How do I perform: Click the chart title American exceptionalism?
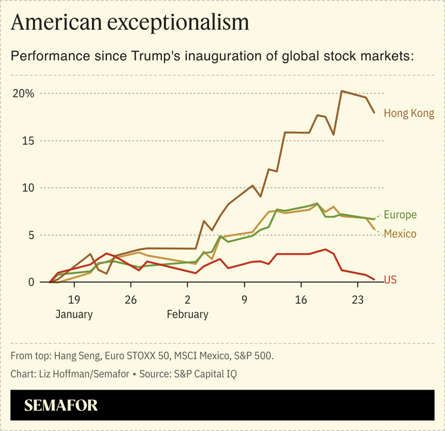pos(129,22)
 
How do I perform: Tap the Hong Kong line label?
pos(408,113)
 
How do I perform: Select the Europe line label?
pos(400,215)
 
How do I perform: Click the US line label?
pos(390,280)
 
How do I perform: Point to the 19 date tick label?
pos(73,299)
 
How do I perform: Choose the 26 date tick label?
pos(131,299)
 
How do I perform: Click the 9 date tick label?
pos(244,299)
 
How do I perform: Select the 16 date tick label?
pos(301,299)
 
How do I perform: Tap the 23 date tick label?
pos(358,299)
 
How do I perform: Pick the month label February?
pos(187,314)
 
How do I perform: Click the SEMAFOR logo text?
pos(61,405)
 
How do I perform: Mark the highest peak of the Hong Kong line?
pos(342,91)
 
